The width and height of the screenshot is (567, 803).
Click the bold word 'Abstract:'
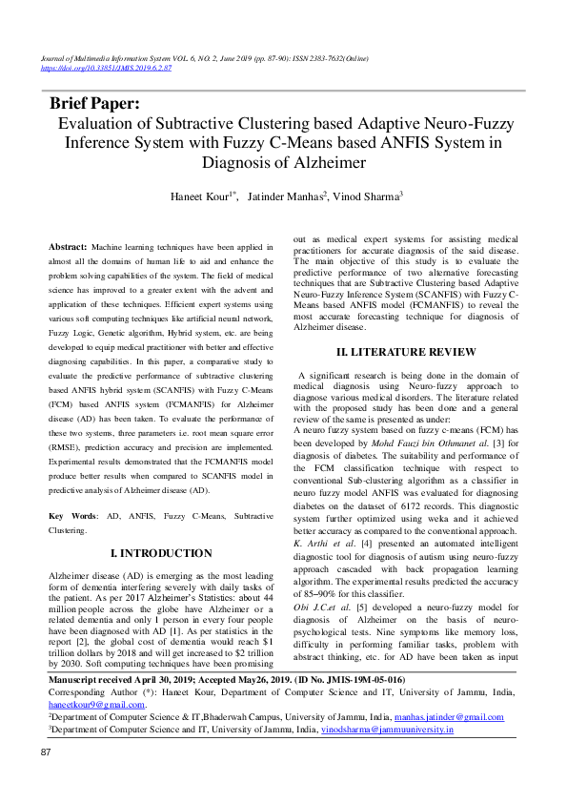(x=69, y=247)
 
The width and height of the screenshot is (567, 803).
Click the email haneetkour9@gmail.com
(x=97, y=705)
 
